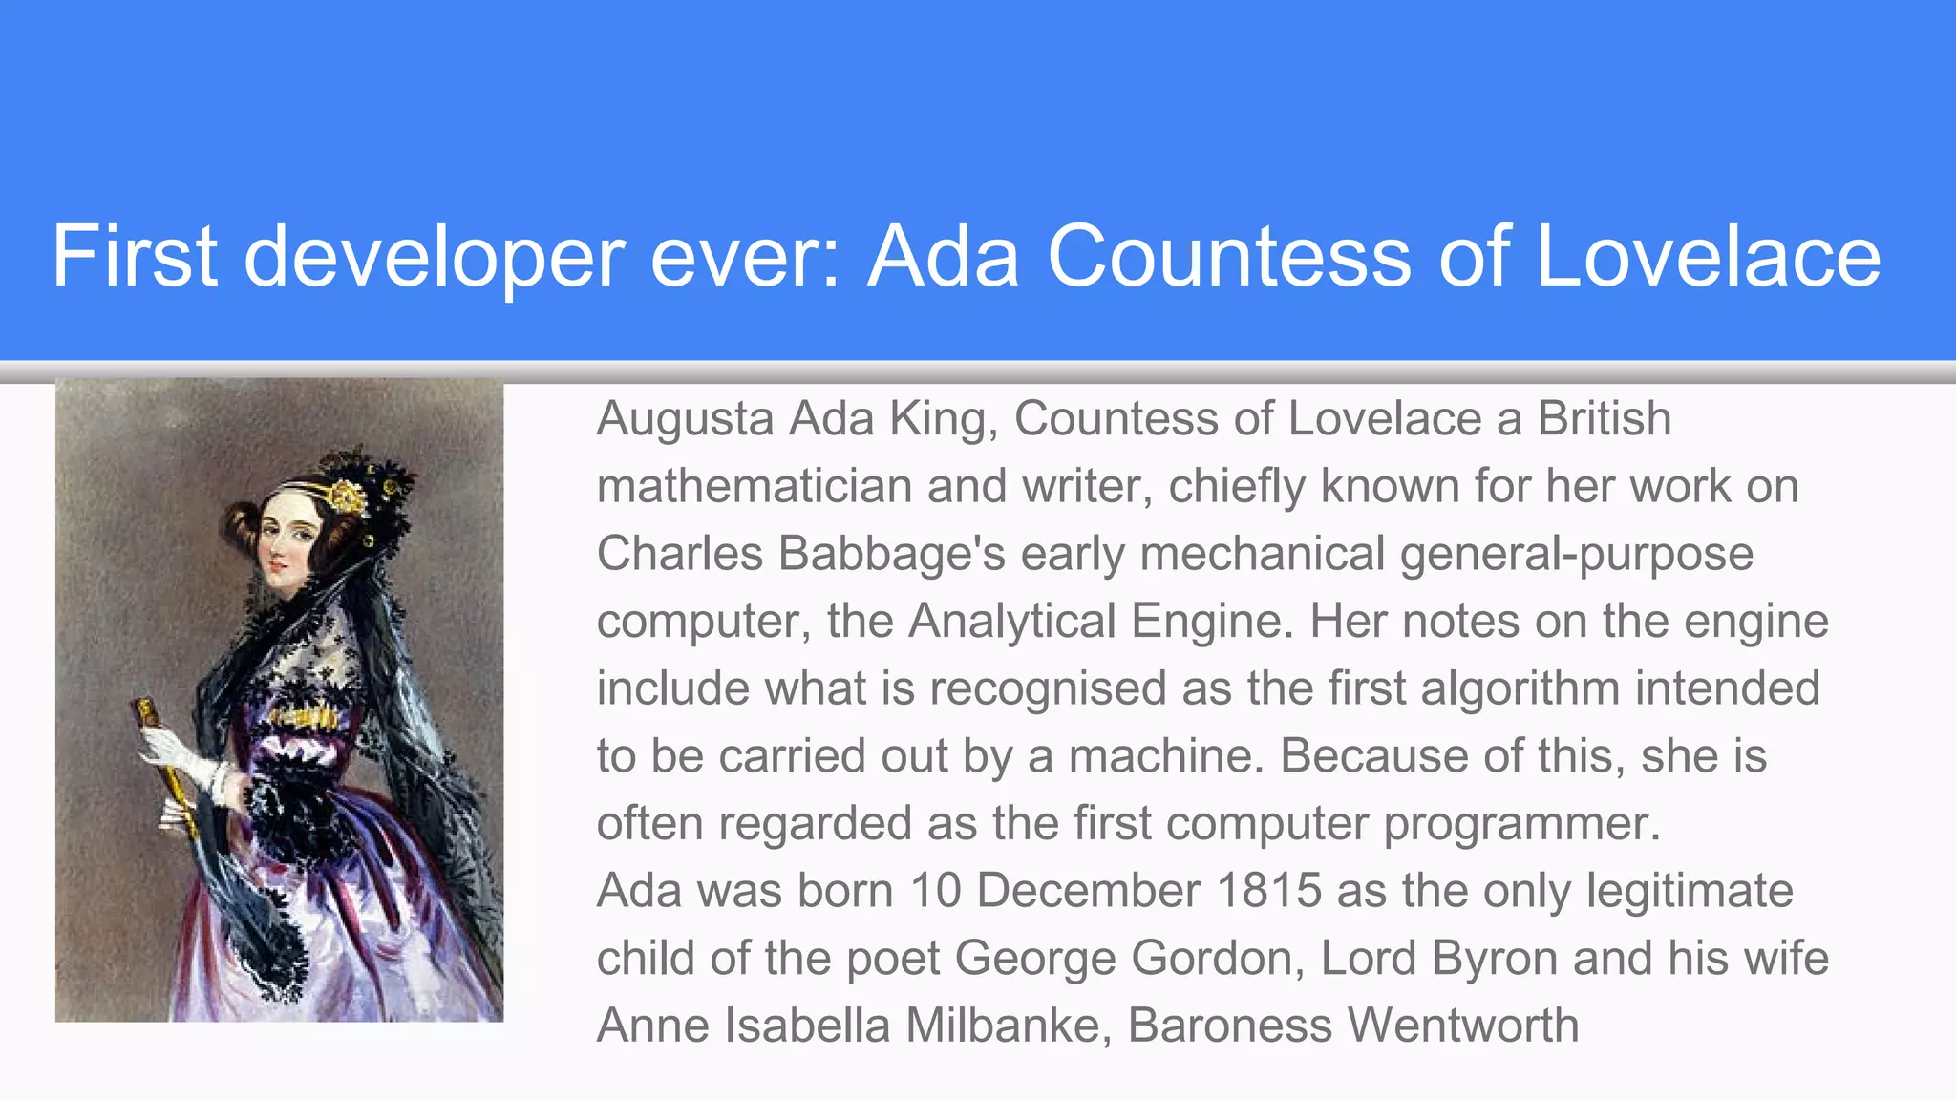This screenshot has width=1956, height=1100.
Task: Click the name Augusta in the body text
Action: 685,419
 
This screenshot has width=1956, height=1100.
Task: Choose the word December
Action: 1089,891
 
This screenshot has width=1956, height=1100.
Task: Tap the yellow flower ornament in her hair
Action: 346,496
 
